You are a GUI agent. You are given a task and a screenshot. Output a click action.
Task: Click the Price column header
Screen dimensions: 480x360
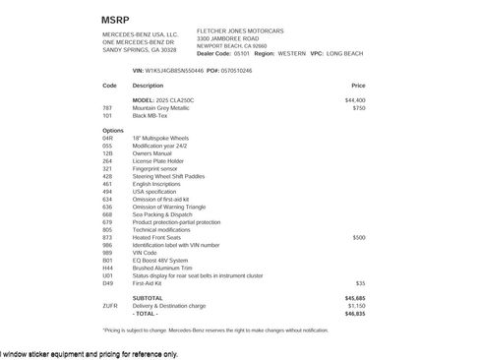tap(358, 86)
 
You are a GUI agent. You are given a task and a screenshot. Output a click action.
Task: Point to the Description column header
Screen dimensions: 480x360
tap(148, 86)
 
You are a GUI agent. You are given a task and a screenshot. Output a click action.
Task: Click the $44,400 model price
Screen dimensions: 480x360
tap(355, 100)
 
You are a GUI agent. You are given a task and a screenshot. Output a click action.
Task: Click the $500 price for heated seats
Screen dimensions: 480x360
tap(359, 237)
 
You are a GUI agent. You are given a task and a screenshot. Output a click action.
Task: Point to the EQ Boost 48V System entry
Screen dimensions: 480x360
tap(159, 261)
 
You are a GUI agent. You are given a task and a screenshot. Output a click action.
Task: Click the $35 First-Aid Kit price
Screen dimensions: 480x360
tap(361, 282)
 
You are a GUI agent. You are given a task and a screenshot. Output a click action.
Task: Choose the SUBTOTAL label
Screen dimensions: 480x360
tap(148, 297)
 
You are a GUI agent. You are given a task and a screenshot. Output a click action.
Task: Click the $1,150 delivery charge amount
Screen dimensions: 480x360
tap(355, 305)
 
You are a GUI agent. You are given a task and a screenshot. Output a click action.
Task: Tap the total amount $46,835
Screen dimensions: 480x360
tap(355, 313)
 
